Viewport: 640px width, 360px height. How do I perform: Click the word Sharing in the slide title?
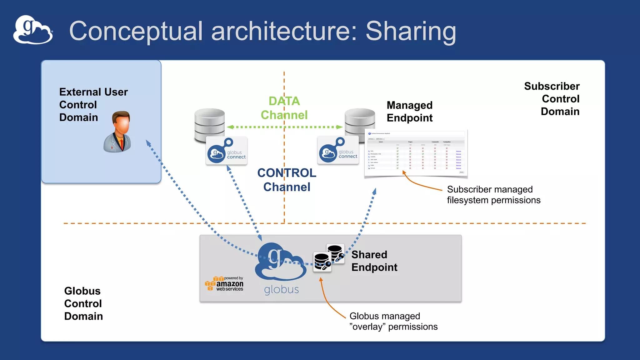pyautogui.click(x=411, y=31)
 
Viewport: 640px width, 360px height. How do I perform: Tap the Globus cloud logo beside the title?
pyautogui.click(x=33, y=30)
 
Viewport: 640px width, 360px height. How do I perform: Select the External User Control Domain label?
pyautogui.click(x=93, y=105)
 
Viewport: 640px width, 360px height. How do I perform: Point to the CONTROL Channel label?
pyautogui.click(x=287, y=180)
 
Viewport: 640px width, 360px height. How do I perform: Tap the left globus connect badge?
pyautogui.click(x=227, y=151)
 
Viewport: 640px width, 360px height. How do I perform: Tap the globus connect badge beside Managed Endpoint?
pyautogui.click(x=338, y=150)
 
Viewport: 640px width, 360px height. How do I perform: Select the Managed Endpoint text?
pyautogui.click(x=409, y=112)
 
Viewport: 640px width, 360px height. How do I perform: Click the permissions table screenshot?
pyautogui.click(x=416, y=153)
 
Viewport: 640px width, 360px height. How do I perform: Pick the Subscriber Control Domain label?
pyautogui.click(x=552, y=99)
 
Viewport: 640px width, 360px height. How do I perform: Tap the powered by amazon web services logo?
pyautogui.click(x=224, y=284)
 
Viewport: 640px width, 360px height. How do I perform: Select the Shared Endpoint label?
pyautogui.click(x=374, y=261)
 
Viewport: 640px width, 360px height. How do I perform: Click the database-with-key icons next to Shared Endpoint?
pyautogui.click(x=328, y=258)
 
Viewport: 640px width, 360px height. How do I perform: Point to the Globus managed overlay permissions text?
pyautogui.click(x=393, y=321)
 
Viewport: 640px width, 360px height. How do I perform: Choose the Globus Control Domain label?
pyautogui.click(x=83, y=303)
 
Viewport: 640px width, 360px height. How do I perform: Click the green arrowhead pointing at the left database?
pyautogui.click(x=230, y=127)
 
